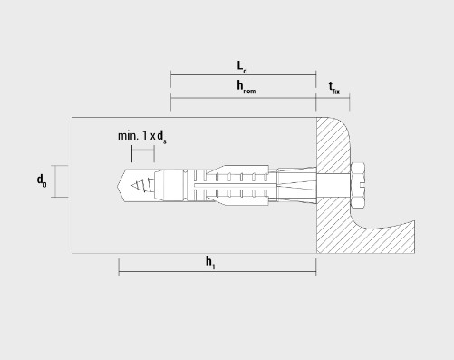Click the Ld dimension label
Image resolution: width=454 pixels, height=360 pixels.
tap(242, 67)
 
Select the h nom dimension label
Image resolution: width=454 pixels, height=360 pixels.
tap(246, 87)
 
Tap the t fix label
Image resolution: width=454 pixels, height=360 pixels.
tap(334, 88)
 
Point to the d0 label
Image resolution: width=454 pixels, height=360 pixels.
tap(42, 180)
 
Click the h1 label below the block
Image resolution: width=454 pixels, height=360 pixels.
tap(210, 262)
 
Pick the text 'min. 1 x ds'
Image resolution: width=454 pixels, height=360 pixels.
tap(142, 136)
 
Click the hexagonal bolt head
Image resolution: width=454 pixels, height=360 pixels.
tap(358, 185)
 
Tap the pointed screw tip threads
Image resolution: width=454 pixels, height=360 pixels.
tap(142, 185)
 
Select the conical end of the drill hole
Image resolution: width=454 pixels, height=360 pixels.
tap(121, 185)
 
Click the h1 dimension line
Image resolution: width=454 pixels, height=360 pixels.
tap(217, 271)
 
